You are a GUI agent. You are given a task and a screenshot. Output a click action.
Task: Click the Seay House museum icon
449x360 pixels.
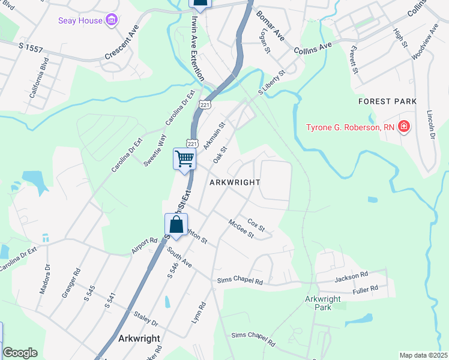111,21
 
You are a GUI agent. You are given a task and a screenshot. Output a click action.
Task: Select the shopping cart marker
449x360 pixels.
185,160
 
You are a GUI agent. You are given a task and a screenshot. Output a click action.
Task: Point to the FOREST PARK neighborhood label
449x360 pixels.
388,101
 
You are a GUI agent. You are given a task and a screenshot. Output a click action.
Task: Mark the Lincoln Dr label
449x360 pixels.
431,125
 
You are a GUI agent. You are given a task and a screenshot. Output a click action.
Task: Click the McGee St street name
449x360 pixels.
241,229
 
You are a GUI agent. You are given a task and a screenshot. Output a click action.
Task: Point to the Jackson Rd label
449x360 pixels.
351,275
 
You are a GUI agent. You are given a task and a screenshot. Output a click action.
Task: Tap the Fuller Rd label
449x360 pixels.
366,289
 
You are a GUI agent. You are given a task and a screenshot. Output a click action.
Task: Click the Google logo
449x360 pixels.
20,353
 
